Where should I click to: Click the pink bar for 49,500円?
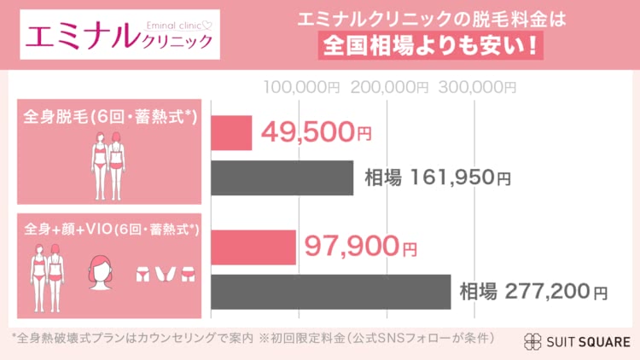click(x=230, y=132)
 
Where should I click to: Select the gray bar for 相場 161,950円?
click(x=281, y=177)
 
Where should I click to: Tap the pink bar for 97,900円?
click(x=253, y=247)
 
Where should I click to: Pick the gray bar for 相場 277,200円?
click(x=329, y=292)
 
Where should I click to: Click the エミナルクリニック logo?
click(x=119, y=34)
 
